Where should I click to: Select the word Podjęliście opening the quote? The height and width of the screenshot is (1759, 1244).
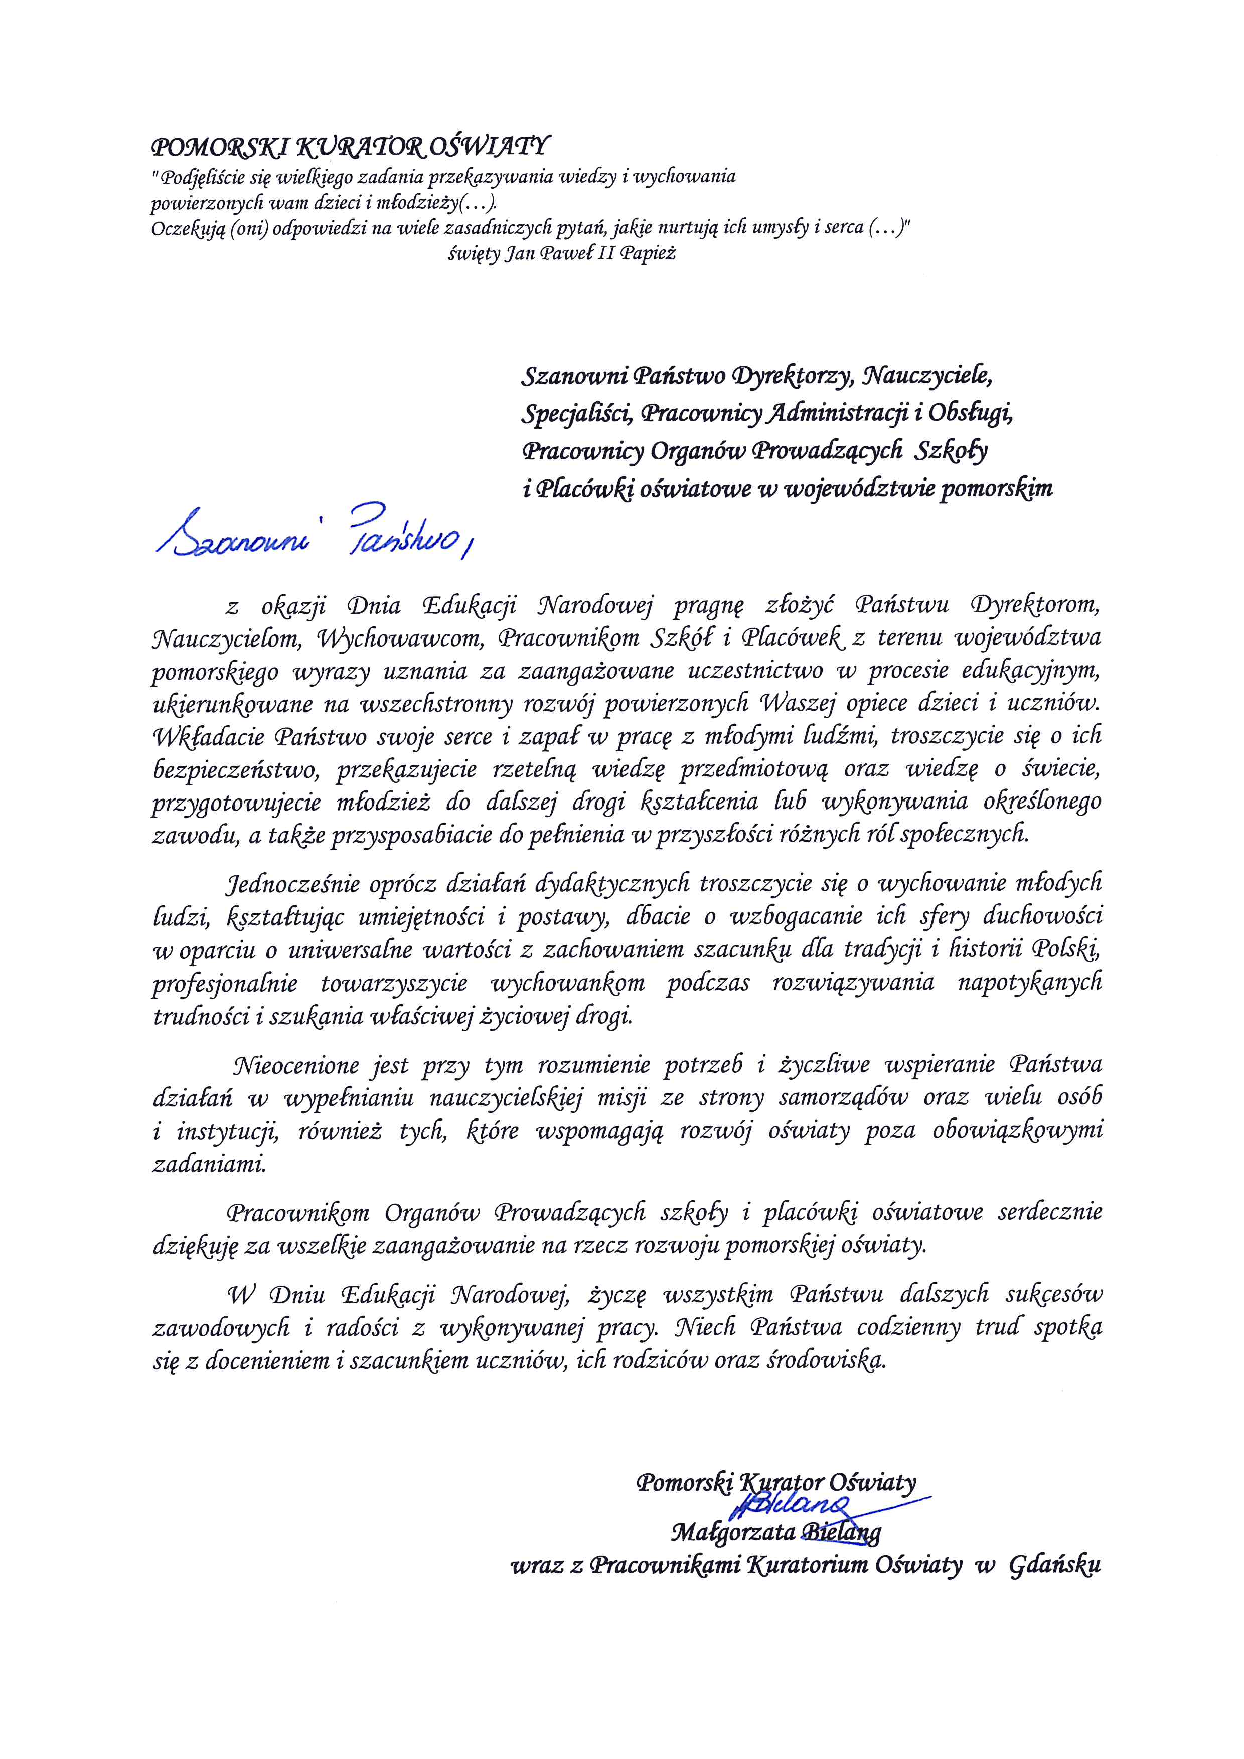pos(202,178)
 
